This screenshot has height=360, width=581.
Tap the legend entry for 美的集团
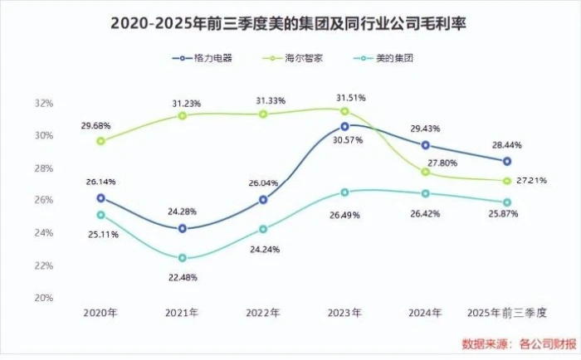pyautogui.click(x=384, y=59)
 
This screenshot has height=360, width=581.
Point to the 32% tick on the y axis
pyautogui.click(x=44, y=104)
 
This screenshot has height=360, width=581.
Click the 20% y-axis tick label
pyautogui.click(x=44, y=298)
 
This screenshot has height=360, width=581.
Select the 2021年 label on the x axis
pyautogui.click(x=182, y=314)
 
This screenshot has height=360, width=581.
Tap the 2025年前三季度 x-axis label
pyautogui.click(x=506, y=314)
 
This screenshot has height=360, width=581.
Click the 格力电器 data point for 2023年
pyautogui.click(x=344, y=127)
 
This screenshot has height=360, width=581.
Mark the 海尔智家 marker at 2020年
pyautogui.click(x=101, y=141)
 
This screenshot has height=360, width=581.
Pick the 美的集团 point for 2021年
pyautogui.click(x=183, y=258)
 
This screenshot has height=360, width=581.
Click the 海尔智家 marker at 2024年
pyautogui.click(x=426, y=172)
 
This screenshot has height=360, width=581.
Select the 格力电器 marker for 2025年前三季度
pyautogui.click(x=507, y=161)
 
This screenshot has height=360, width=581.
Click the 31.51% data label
pyautogui.click(x=350, y=98)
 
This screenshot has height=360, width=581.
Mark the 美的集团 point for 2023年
pyautogui.click(x=344, y=192)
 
